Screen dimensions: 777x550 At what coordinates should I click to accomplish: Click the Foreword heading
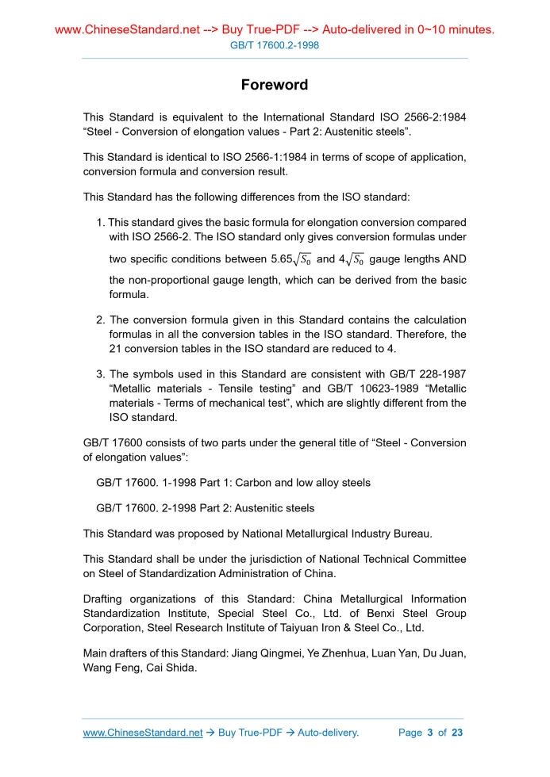tap(275, 84)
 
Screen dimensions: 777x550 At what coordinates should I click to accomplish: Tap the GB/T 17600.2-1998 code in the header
tap(275, 46)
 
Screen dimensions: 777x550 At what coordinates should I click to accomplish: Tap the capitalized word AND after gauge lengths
tap(452, 259)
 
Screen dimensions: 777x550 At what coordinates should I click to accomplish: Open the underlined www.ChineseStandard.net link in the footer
tap(142, 733)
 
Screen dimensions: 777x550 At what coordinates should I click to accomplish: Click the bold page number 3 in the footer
tap(429, 733)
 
